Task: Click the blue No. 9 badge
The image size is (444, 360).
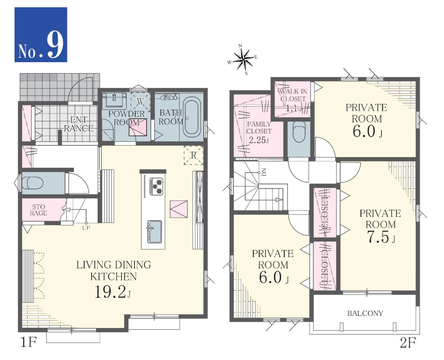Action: (x=41, y=35)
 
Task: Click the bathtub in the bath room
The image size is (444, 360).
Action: (x=192, y=117)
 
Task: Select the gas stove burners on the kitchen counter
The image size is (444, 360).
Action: (x=156, y=186)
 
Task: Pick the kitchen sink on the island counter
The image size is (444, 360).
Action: (x=154, y=232)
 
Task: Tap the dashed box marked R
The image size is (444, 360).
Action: (x=193, y=155)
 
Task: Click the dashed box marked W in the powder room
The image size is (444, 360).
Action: (x=140, y=101)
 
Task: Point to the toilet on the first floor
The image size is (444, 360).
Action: (x=33, y=183)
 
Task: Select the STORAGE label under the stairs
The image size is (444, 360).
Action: (x=38, y=210)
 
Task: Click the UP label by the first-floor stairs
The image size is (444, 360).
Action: (x=86, y=227)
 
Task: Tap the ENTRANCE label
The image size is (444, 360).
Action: (x=78, y=124)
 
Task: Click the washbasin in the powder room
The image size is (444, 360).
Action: (x=114, y=101)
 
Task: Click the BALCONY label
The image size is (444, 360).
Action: (x=365, y=313)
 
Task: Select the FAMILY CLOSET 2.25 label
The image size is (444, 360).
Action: (x=259, y=132)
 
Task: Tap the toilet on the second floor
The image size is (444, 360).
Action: (x=299, y=132)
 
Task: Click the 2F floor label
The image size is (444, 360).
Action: (x=408, y=343)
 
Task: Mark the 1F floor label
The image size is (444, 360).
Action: (x=29, y=342)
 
